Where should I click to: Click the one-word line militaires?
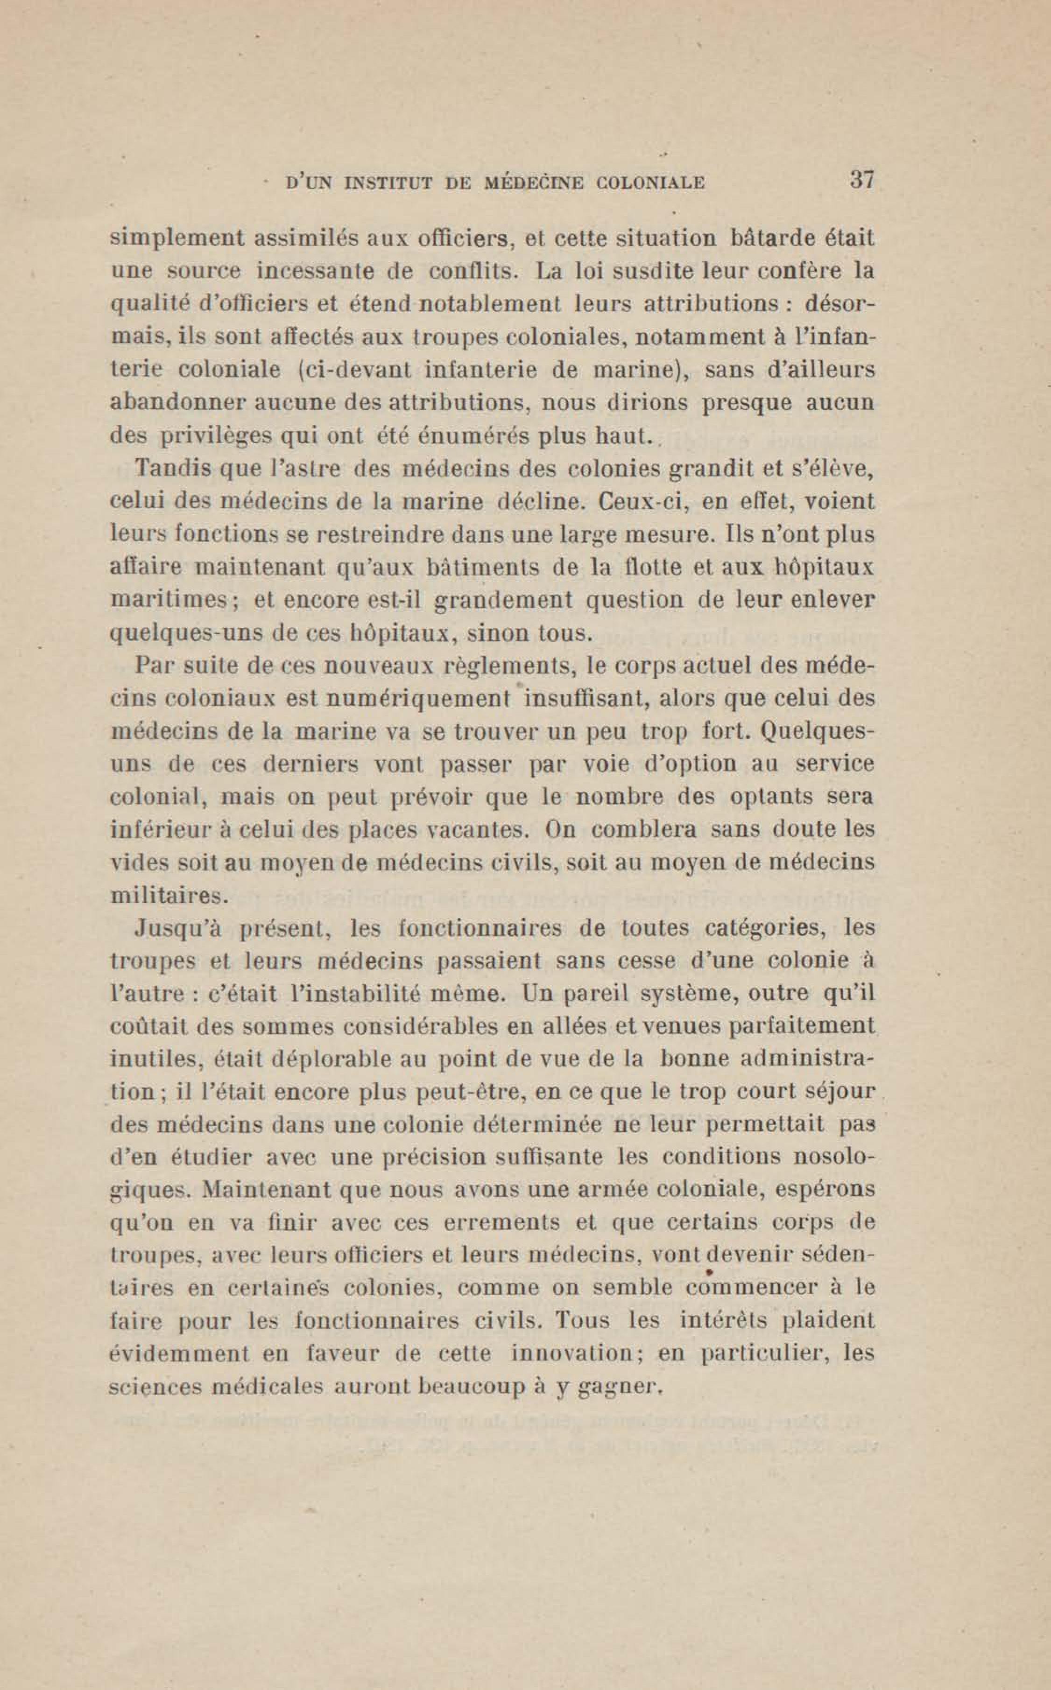(x=169, y=895)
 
